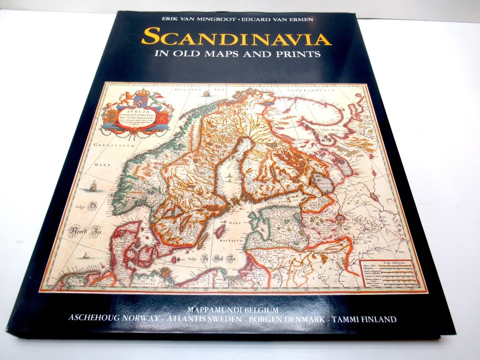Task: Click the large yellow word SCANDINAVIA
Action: (237, 37)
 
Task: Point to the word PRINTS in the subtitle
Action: (299, 54)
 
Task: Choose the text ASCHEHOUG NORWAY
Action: (114, 318)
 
